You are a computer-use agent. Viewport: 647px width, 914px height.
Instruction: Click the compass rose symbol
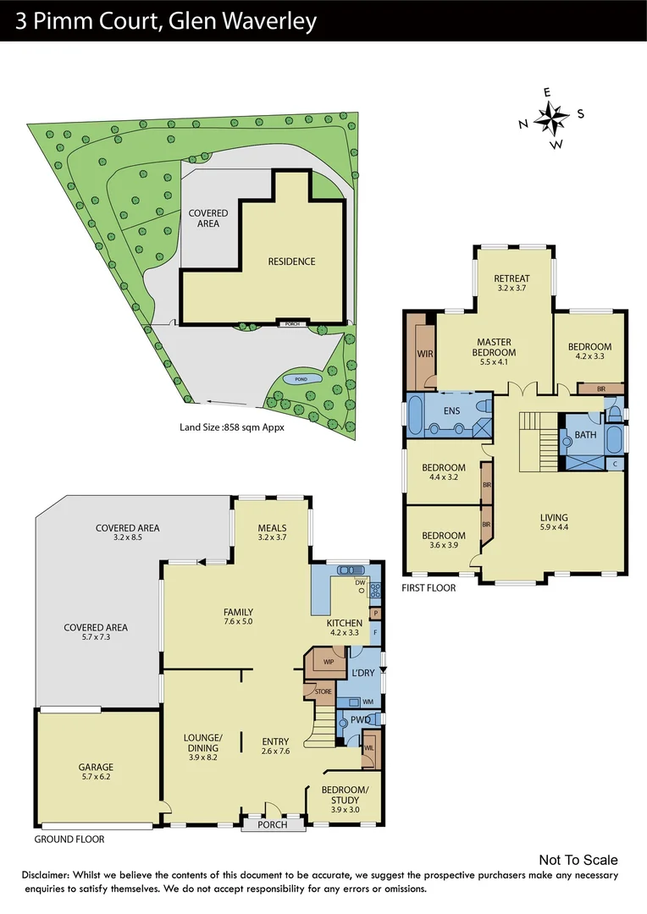[551, 118]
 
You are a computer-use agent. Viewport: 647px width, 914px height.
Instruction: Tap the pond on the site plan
[300, 380]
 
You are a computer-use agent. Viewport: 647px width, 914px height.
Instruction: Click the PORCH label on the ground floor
[272, 824]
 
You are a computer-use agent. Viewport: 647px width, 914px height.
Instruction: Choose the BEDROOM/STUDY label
[345, 795]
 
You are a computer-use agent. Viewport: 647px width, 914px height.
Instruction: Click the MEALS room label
[272, 529]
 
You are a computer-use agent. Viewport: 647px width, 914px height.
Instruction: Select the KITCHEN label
[345, 623]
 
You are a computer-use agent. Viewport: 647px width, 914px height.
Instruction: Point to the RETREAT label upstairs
[512, 279]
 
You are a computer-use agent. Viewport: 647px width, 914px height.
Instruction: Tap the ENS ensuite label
[451, 411]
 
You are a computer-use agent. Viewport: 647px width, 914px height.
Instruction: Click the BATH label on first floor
[585, 435]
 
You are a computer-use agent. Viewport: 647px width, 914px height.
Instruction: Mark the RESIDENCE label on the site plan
[291, 262]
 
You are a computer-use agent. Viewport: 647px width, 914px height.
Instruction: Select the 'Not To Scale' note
[578, 860]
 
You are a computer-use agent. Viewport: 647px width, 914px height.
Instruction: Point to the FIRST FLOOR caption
[429, 587]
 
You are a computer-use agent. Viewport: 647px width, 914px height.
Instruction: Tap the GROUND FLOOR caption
[69, 840]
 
